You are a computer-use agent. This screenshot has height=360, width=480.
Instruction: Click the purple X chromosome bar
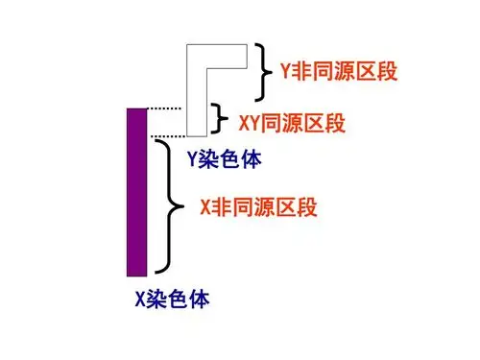coord(136,191)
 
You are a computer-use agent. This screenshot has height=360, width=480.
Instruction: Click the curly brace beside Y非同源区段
coord(264,71)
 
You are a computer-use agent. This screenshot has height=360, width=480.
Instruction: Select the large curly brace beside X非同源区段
coord(173,206)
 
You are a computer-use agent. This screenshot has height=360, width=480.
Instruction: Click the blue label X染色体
coord(172,299)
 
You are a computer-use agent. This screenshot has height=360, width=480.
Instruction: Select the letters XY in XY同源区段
coord(248,123)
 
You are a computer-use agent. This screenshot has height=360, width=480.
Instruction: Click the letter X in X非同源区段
coord(205,206)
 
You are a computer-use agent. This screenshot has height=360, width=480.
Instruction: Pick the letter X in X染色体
coord(140,299)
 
